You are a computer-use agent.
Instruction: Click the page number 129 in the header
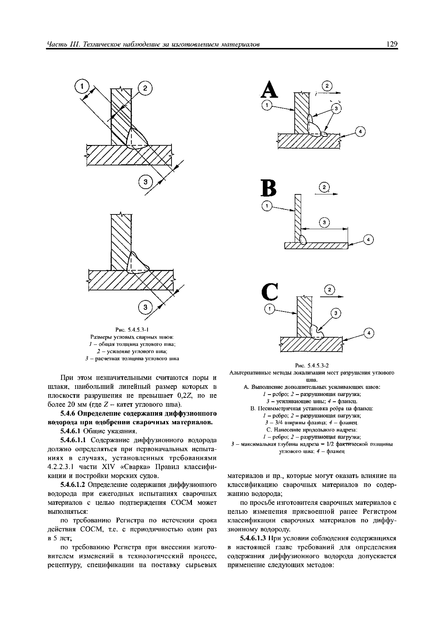392,44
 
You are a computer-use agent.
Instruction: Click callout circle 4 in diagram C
369,333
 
